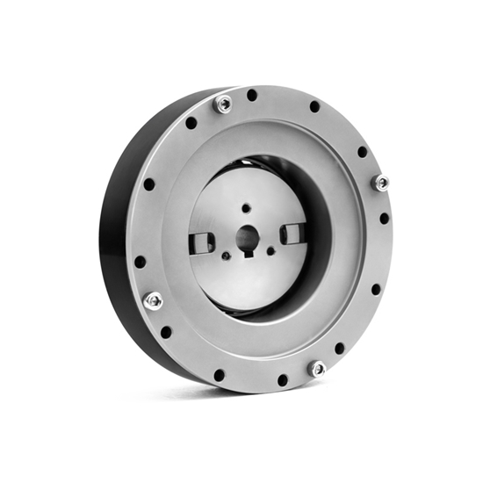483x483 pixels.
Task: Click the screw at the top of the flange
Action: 224,104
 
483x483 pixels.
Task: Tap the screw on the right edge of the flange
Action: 381,183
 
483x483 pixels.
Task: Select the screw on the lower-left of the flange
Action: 153,300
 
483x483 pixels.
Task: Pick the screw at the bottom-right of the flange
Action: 317,369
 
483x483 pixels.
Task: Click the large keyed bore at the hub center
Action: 247,238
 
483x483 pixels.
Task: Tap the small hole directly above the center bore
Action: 247,207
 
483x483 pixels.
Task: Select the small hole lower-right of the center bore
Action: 270,251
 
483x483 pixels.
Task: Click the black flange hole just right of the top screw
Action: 252,95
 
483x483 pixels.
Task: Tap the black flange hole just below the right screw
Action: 384,218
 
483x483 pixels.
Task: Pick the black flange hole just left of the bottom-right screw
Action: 283,379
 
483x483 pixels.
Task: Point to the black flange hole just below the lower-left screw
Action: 166,332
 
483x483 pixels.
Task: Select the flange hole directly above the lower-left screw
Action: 140,261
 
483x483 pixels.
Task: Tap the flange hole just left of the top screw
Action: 191,123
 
